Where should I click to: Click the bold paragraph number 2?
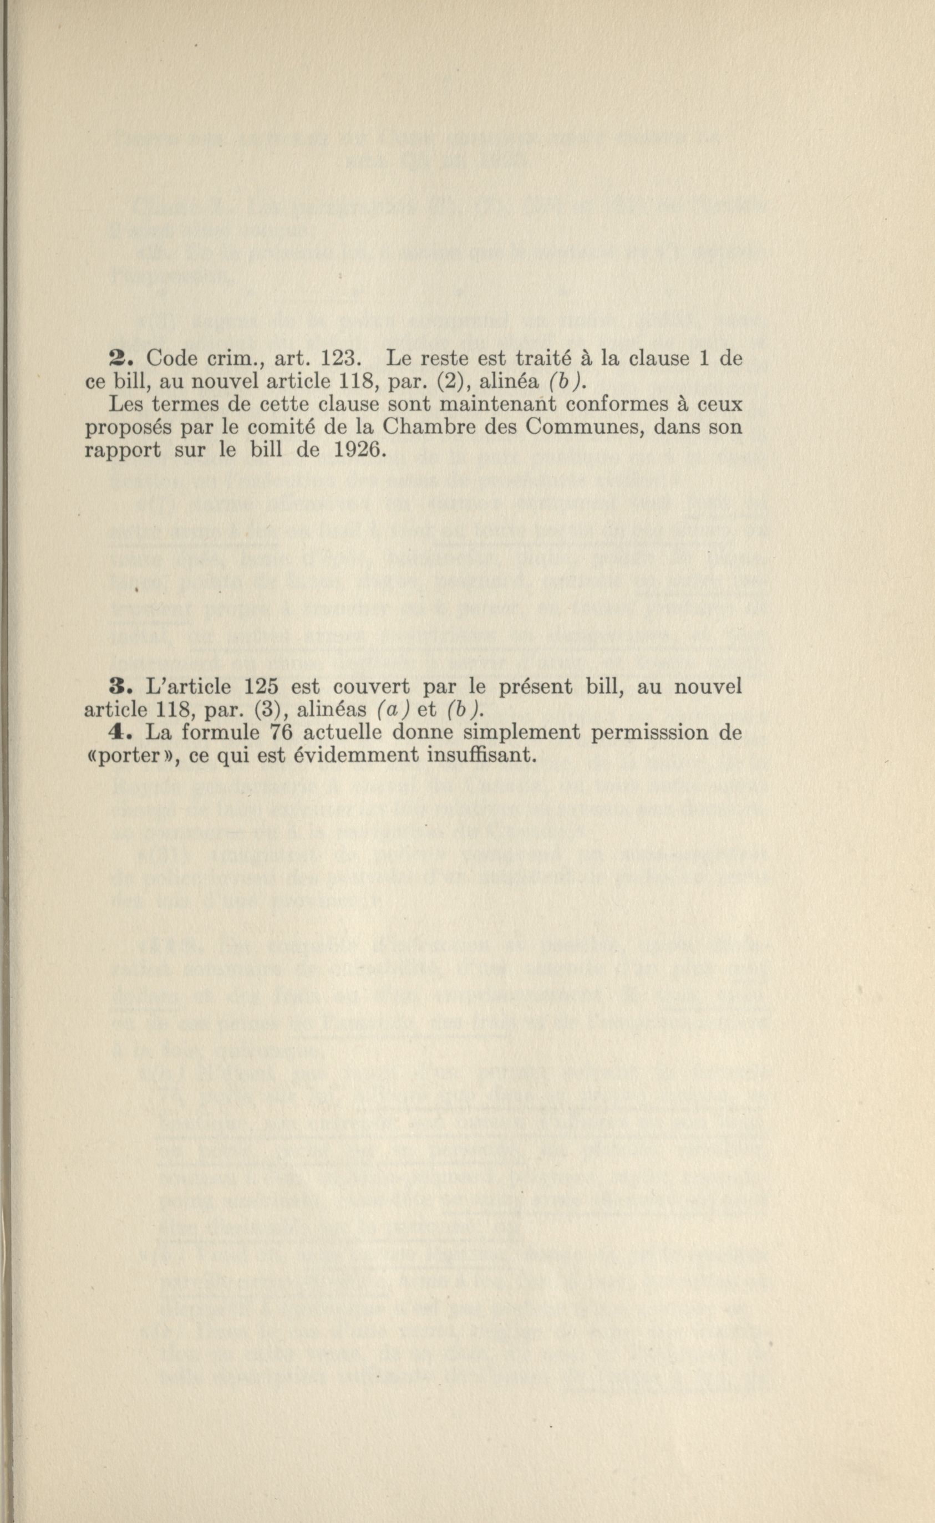(116, 360)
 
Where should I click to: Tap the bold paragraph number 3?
(117, 687)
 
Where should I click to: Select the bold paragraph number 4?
(117, 732)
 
